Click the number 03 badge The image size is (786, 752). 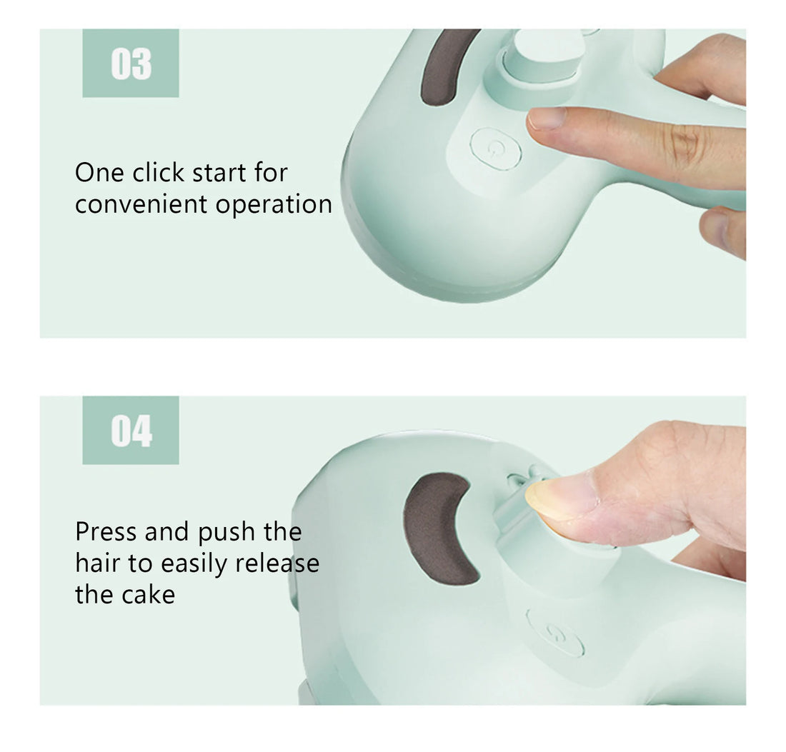coord(131,64)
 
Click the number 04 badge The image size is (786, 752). coord(131,431)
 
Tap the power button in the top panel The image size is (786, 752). coord(495,149)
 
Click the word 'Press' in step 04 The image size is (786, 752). coord(106,532)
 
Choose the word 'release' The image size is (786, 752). coord(277,563)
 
